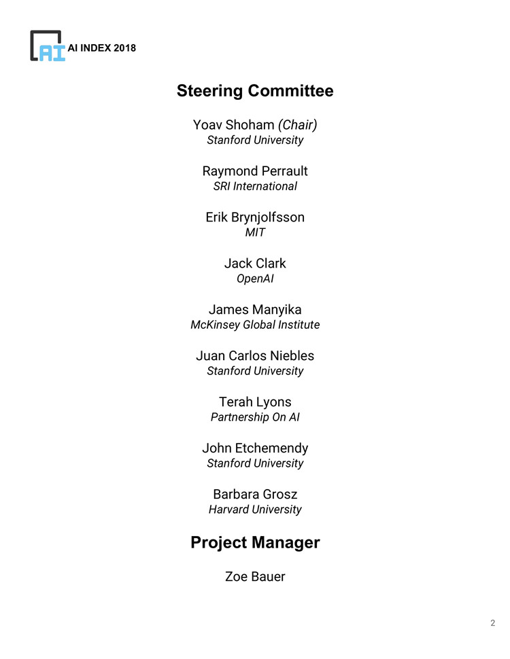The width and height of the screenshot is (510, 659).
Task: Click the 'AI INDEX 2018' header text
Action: (102, 48)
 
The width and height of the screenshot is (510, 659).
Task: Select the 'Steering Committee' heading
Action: (255, 91)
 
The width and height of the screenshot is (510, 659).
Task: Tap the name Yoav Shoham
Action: (233, 125)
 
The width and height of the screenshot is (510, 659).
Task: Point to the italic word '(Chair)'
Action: (298, 125)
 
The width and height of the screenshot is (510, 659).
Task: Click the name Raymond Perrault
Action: (255, 171)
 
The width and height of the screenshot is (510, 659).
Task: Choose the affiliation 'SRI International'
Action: (255, 186)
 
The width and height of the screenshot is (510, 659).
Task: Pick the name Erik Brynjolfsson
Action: (255, 217)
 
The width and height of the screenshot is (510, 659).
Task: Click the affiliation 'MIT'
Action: (255, 232)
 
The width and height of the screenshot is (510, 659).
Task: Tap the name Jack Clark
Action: (255, 264)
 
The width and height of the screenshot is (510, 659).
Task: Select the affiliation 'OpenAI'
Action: (255, 279)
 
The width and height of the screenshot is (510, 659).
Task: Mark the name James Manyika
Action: (255, 310)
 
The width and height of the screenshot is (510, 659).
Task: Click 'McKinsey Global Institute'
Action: (255, 325)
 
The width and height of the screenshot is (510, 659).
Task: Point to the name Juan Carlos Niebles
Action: (255, 356)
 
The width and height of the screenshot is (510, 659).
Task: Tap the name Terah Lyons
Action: (255, 402)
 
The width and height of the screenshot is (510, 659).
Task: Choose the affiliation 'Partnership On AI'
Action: (255, 417)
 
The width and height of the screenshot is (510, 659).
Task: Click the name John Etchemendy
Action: (255, 448)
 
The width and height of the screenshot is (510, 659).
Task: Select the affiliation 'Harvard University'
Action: (255, 510)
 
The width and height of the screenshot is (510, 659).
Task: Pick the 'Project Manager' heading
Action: (255, 543)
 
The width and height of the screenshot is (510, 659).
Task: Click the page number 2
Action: (492, 623)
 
